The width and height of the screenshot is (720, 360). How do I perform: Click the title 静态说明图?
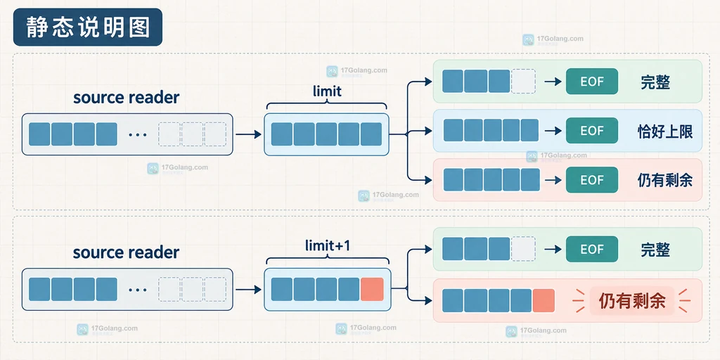(88, 27)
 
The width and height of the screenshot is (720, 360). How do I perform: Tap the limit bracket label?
(327, 91)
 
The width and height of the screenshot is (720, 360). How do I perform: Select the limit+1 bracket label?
(328, 245)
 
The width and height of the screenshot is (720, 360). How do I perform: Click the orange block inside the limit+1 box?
(372, 289)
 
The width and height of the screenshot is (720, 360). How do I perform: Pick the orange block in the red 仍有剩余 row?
(544, 301)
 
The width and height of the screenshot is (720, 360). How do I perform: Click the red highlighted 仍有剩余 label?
(632, 301)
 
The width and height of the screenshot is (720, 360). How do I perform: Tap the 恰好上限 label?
(665, 131)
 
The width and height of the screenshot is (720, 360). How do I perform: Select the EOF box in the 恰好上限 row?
(592, 131)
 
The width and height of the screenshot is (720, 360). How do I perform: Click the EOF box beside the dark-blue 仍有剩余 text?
(592, 180)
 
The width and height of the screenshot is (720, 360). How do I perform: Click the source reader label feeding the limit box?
(127, 97)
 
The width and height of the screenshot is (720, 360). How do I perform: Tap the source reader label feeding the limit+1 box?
(127, 252)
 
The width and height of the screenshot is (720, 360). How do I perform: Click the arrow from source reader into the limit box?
(248, 134)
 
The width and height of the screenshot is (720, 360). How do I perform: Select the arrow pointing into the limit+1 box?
(248, 289)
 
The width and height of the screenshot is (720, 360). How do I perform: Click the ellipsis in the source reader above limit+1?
(138, 290)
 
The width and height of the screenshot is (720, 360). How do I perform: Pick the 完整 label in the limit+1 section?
(655, 250)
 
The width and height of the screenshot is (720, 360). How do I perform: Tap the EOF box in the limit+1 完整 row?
(592, 249)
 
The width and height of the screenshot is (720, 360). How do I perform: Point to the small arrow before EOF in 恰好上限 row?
(553, 131)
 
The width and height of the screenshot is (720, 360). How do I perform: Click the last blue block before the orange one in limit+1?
(349, 289)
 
